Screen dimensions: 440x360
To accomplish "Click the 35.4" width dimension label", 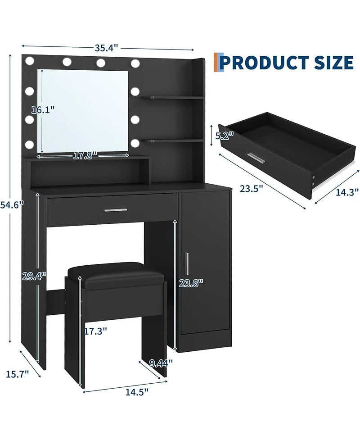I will pyautogui.click(x=107, y=46).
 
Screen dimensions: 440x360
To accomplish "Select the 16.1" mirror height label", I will pyautogui.click(x=43, y=109).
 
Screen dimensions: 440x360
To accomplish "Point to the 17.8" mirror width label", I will pyautogui.click(x=85, y=156).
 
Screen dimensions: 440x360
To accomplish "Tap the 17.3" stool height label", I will pyautogui.click(x=95, y=331).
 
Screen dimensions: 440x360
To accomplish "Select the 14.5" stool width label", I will pyautogui.click(x=137, y=392).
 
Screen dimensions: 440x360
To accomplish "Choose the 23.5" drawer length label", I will pyautogui.click(x=251, y=188).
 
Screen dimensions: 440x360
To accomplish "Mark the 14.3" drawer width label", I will pyautogui.click(x=347, y=192).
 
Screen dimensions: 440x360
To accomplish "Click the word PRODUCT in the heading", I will pyautogui.click(x=266, y=62).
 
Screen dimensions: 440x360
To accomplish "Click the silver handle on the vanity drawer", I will pyautogui.click(x=115, y=210).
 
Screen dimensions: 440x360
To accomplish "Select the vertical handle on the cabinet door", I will pyautogui.click(x=187, y=264).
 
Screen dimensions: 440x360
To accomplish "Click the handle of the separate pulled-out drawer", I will pyautogui.click(x=256, y=159).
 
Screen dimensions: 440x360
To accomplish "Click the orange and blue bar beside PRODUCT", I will pyautogui.click(x=218, y=62).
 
